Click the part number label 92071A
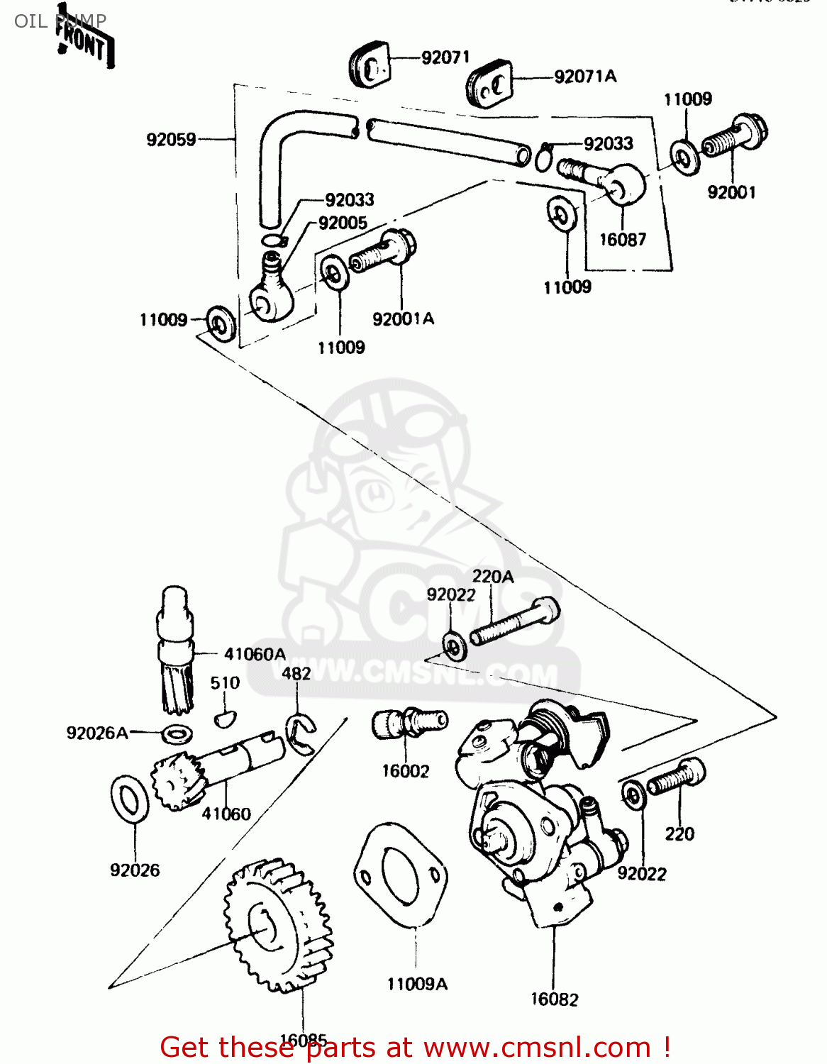(x=585, y=77)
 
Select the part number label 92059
(x=171, y=140)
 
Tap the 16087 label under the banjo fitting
(x=623, y=240)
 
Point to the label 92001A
(x=403, y=319)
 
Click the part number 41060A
(x=255, y=654)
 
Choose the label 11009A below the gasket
(x=417, y=984)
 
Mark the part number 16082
(x=554, y=999)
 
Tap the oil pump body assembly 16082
(x=539, y=816)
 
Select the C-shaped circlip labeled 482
(x=301, y=733)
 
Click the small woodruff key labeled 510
(x=224, y=719)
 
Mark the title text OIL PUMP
(x=60, y=21)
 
